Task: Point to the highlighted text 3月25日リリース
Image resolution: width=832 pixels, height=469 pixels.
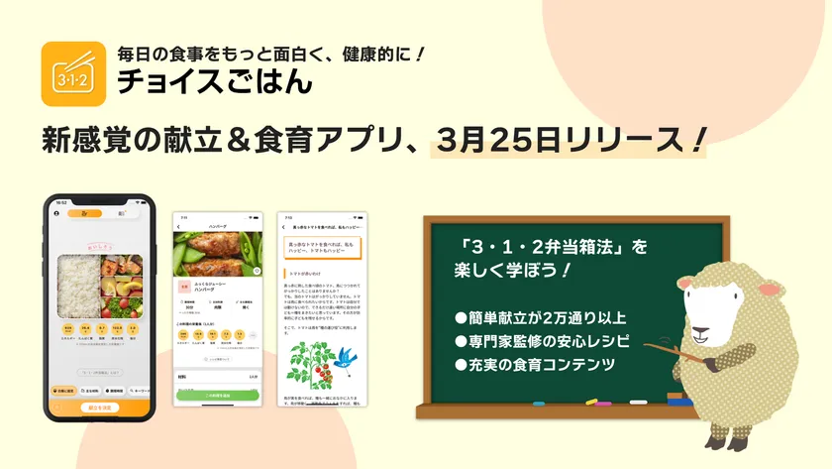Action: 569,138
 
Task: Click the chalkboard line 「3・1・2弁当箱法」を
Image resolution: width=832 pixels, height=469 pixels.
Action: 547,245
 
